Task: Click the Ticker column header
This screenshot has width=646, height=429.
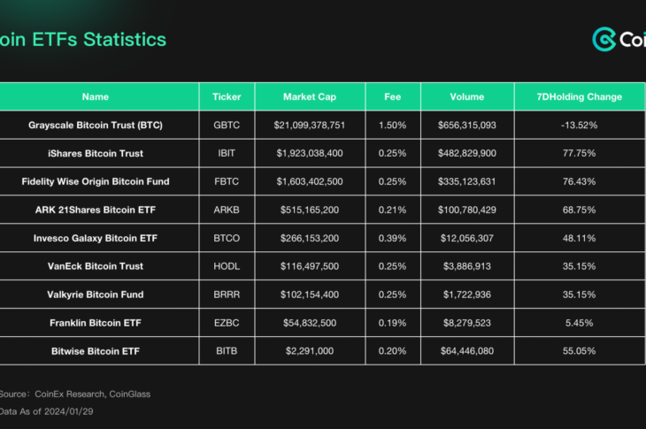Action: click(227, 96)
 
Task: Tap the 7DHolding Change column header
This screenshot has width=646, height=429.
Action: click(580, 96)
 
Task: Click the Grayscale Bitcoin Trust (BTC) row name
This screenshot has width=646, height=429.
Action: click(96, 125)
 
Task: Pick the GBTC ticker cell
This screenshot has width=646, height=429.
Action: click(227, 125)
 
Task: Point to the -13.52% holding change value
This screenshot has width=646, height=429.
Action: click(580, 125)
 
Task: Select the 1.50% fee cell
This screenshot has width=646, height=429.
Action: click(392, 125)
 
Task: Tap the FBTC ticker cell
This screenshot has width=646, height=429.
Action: click(227, 181)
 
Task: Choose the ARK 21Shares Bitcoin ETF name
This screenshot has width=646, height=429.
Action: click(96, 210)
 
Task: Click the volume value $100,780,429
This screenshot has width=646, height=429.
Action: click(466, 210)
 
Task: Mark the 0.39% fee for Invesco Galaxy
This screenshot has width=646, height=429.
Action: click(392, 238)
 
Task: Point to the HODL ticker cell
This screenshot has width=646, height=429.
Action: click(227, 266)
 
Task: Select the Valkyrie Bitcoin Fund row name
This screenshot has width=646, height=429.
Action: click(96, 295)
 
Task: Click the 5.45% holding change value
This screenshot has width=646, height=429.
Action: click(580, 323)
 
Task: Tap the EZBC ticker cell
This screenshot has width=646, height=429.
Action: click(227, 323)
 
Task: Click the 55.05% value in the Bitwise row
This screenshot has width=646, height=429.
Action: click(580, 351)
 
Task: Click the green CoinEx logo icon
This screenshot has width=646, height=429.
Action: click(604, 40)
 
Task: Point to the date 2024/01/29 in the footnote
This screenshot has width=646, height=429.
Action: click(71, 411)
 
